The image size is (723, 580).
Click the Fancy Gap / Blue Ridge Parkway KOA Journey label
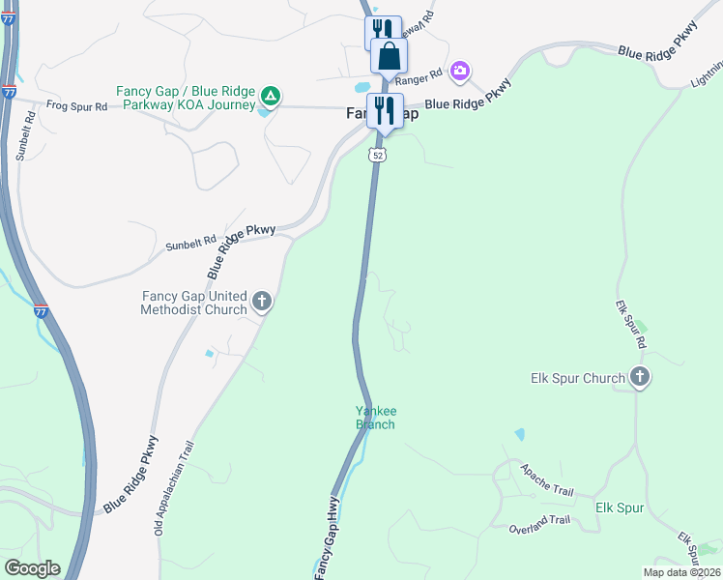click(x=186, y=98)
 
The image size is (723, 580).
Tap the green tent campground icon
click(x=273, y=97)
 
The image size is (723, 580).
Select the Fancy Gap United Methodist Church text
click(x=193, y=303)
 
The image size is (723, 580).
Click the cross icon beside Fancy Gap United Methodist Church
click(x=261, y=303)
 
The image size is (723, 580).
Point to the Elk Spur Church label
click(x=578, y=378)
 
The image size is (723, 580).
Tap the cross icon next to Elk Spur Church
click(x=639, y=378)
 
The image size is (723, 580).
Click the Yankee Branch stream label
click(x=375, y=418)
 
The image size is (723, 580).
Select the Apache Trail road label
click(x=546, y=480)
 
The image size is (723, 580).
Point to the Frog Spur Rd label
click(x=76, y=106)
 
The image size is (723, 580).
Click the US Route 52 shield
click(x=377, y=155)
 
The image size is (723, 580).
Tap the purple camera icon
click(x=460, y=71)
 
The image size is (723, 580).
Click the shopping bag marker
click(x=389, y=57)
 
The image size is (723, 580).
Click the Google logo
click(x=32, y=568)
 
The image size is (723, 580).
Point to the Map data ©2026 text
click(x=681, y=572)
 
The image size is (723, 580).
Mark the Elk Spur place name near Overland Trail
click(x=620, y=507)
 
